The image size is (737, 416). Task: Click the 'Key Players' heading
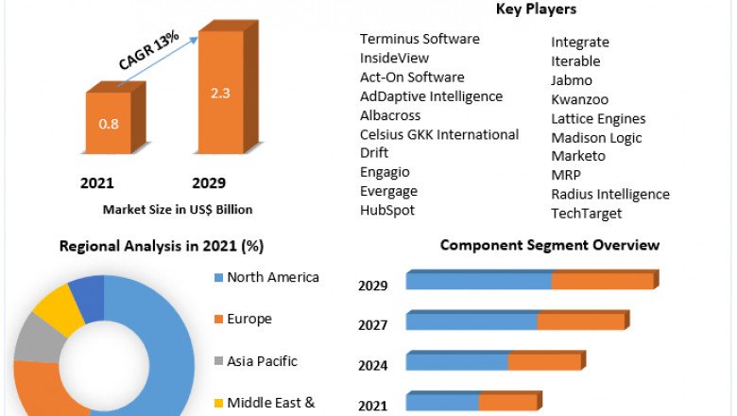coord(536,9)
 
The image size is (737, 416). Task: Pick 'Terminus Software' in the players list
coord(420,39)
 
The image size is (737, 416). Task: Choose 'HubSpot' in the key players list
coord(387,210)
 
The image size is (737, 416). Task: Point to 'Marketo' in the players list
coord(578,156)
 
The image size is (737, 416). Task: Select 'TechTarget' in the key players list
coord(587,213)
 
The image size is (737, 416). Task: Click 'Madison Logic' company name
coord(596,137)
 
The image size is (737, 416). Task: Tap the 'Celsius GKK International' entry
coord(439,134)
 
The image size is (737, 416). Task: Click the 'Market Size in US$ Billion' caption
coord(178,209)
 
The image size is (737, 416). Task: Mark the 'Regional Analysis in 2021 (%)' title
coord(162,247)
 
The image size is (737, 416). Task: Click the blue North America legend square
coord(218,278)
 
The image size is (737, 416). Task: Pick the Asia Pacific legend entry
coord(262,361)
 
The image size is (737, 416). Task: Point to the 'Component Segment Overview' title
coord(550,246)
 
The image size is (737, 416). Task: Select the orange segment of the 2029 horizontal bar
coord(602,282)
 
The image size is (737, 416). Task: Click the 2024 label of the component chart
coord(373,365)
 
